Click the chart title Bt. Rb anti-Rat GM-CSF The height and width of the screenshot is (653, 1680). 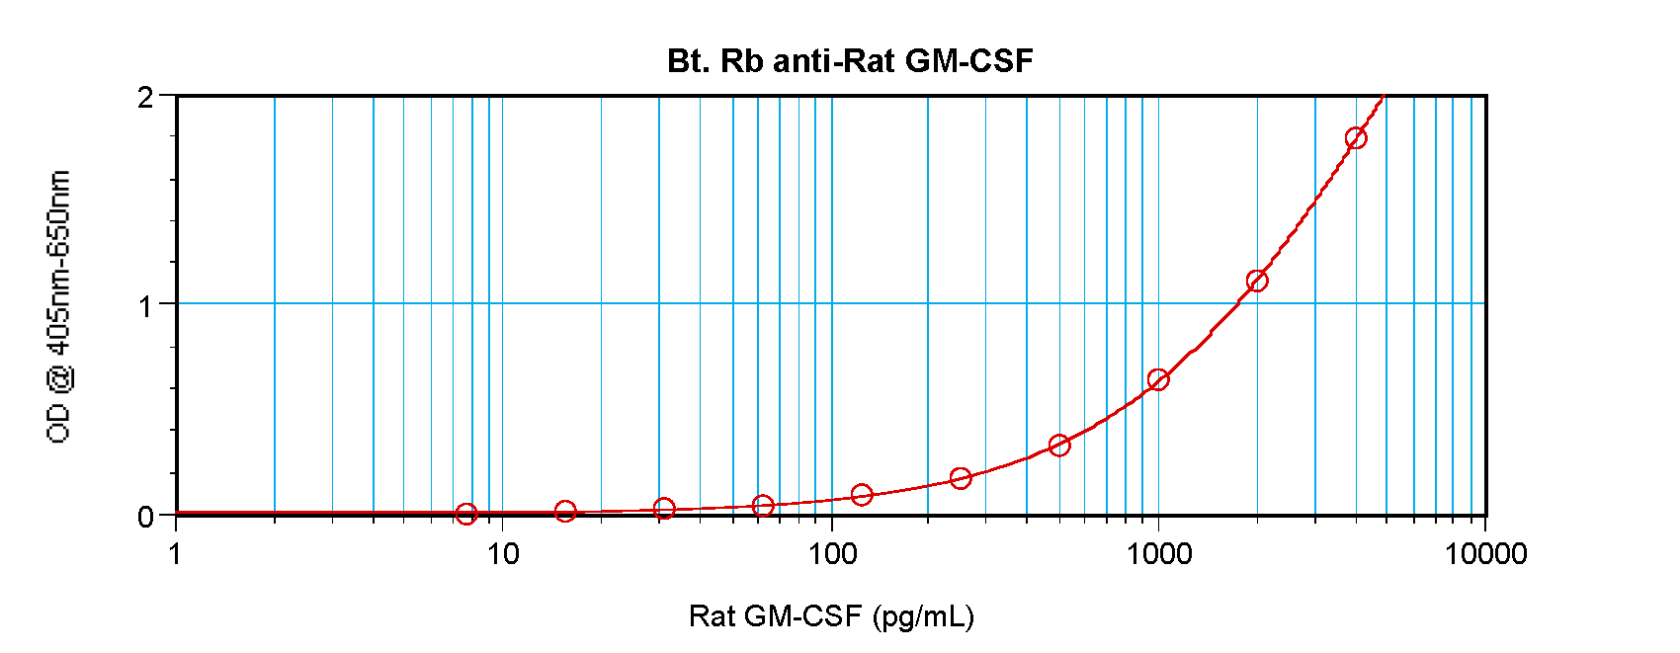pyautogui.click(x=850, y=61)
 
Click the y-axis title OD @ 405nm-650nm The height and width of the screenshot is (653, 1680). pyautogui.click(x=58, y=306)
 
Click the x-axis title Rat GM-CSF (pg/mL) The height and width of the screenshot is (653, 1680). pyautogui.click(x=831, y=616)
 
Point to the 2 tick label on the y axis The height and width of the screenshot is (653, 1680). pyautogui.click(x=145, y=97)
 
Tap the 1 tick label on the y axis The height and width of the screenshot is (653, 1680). pyautogui.click(x=145, y=305)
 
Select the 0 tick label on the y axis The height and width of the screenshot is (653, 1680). pyautogui.click(x=145, y=517)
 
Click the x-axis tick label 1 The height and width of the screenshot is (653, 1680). pyautogui.click(x=176, y=553)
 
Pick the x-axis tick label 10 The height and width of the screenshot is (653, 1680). pyautogui.click(x=503, y=553)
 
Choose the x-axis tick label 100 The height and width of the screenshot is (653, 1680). pyautogui.click(x=832, y=553)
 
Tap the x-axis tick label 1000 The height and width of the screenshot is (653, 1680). pyautogui.click(x=1159, y=553)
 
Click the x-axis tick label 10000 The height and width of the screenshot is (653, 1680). pyautogui.click(x=1485, y=553)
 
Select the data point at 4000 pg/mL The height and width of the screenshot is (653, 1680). pyautogui.click(x=1356, y=138)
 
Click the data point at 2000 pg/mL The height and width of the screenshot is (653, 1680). pyautogui.click(x=1257, y=282)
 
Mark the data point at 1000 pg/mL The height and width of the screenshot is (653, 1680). pyautogui.click(x=1158, y=379)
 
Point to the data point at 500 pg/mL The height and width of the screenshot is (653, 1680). pyautogui.click(x=1059, y=446)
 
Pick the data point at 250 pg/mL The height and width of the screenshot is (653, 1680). pyautogui.click(x=961, y=478)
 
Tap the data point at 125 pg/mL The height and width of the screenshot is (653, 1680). pyautogui.click(x=862, y=494)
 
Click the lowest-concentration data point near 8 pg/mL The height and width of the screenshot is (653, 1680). pyautogui.click(x=466, y=514)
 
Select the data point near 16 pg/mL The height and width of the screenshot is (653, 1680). pyautogui.click(x=565, y=511)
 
